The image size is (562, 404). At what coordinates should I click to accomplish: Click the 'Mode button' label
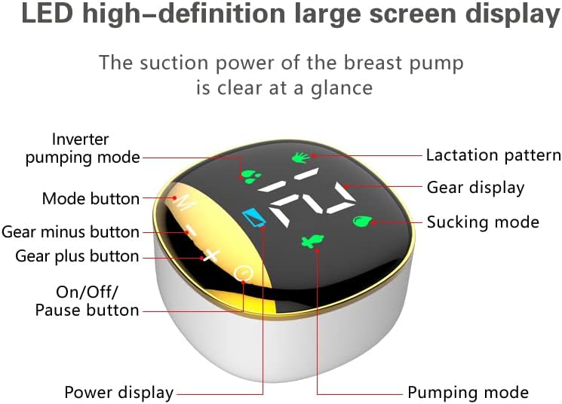click(x=91, y=199)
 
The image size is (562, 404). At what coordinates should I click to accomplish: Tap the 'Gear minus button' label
click(x=70, y=231)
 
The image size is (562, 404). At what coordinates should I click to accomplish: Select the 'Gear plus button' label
click(x=77, y=256)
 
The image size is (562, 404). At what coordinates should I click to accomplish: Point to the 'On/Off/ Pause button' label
click(x=88, y=301)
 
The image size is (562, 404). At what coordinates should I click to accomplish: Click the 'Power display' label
click(x=119, y=393)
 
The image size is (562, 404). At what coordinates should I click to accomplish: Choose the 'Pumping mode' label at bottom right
click(x=468, y=393)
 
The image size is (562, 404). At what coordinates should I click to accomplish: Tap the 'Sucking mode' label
click(x=483, y=222)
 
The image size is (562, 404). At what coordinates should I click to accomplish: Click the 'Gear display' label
click(x=475, y=187)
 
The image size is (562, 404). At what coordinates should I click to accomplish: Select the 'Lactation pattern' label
click(x=493, y=155)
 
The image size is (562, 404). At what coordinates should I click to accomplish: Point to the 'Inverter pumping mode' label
click(x=82, y=148)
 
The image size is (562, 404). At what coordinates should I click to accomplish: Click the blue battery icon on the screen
click(x=254, y=219)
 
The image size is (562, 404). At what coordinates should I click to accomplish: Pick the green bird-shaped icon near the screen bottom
click(x=311, y=242)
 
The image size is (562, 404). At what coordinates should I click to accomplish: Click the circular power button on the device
click(x=243, y=273)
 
